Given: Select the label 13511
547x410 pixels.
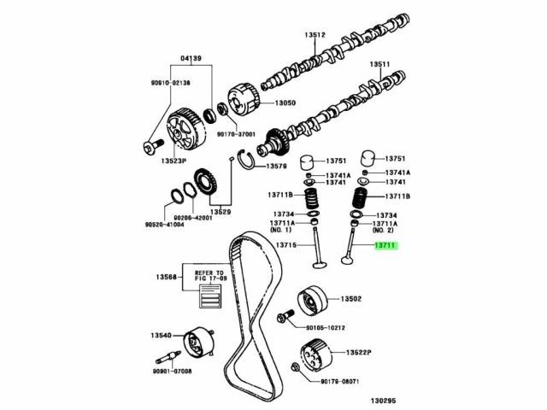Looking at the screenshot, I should coord(379,64).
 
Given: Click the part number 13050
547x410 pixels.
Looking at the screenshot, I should coord(285,103).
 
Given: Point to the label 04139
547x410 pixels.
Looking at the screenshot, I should coord(191,59).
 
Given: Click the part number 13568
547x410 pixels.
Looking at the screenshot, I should coord(168,278).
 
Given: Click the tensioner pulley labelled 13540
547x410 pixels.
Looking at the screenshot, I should coord(198,343).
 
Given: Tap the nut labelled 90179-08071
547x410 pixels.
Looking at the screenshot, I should coord(294,369).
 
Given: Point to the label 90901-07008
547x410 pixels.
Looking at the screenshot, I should coord(174,372).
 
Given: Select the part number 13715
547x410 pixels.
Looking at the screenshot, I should coord(285,246).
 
